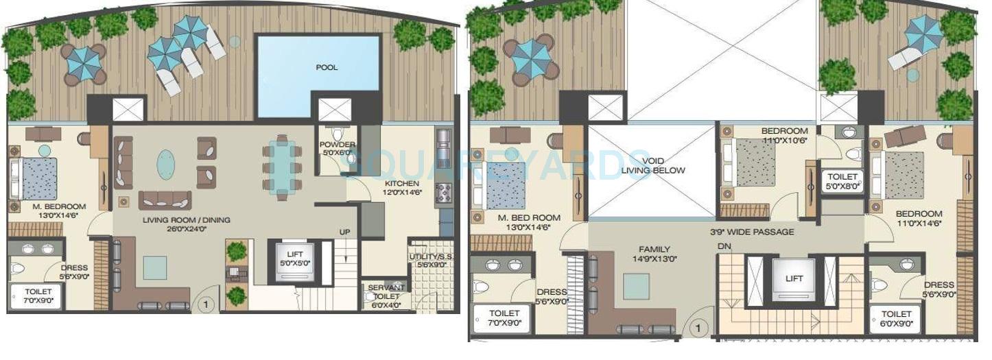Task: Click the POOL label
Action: pos(327,67)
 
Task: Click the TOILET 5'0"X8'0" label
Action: pos(842,180)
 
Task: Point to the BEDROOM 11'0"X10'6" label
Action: pos(784,136)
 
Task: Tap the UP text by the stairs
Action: pos(345,232)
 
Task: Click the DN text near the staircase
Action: pos(723,245)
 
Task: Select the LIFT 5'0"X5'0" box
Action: pos(294,260)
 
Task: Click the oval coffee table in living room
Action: pos(166,165)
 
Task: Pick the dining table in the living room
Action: pos(281,169)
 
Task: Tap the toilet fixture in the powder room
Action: pos(336,134)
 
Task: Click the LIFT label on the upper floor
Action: pos(794,278)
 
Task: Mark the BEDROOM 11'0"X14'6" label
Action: pos(919,218)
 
